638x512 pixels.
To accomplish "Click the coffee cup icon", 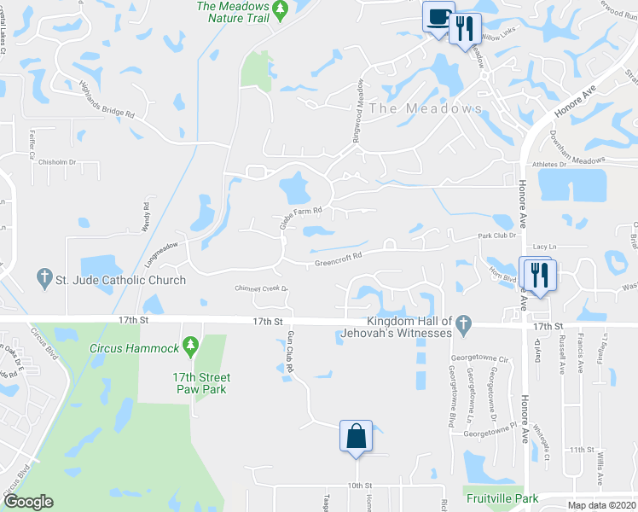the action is coord(439,17).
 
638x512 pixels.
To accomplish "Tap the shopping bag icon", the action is coord(357,436).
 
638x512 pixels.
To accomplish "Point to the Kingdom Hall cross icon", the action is coord(463,323).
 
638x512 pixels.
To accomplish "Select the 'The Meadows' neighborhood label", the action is coord(426,109).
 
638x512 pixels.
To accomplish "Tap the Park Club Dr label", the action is coord(497,235).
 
